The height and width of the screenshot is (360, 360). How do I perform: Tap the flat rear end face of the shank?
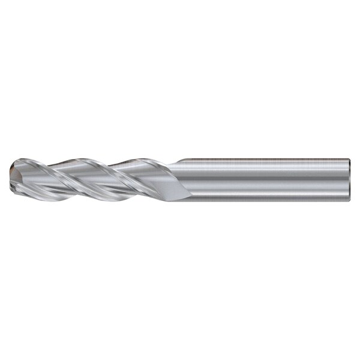[349, 179]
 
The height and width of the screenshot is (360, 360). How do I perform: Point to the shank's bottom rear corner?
[349, 199]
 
